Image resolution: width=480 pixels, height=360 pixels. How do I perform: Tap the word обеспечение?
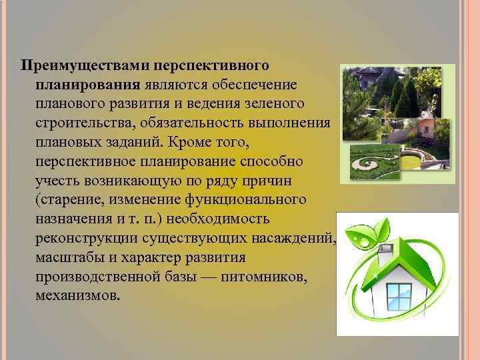click(x=260, y=85)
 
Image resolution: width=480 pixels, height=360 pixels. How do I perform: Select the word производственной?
click(x=95, y=276)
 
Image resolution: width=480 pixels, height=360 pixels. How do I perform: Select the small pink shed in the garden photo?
click(x=425, y=128)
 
